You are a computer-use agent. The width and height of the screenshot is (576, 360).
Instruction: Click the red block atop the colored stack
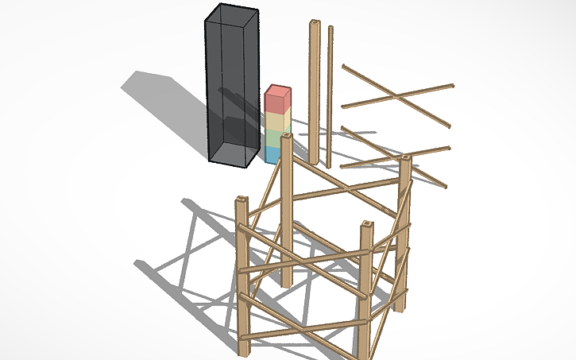277,99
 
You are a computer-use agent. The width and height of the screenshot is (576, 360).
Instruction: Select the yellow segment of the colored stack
276,122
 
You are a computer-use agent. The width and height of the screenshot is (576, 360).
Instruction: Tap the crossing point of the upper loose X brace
394,97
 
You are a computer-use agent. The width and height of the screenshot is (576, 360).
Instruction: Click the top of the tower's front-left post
242,200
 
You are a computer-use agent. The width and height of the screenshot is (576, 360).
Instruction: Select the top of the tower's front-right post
367,226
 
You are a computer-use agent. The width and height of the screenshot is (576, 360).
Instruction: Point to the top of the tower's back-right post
405,159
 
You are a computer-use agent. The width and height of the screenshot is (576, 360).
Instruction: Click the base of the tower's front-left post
243,350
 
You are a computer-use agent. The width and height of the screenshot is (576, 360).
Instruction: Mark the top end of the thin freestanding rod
331,28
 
